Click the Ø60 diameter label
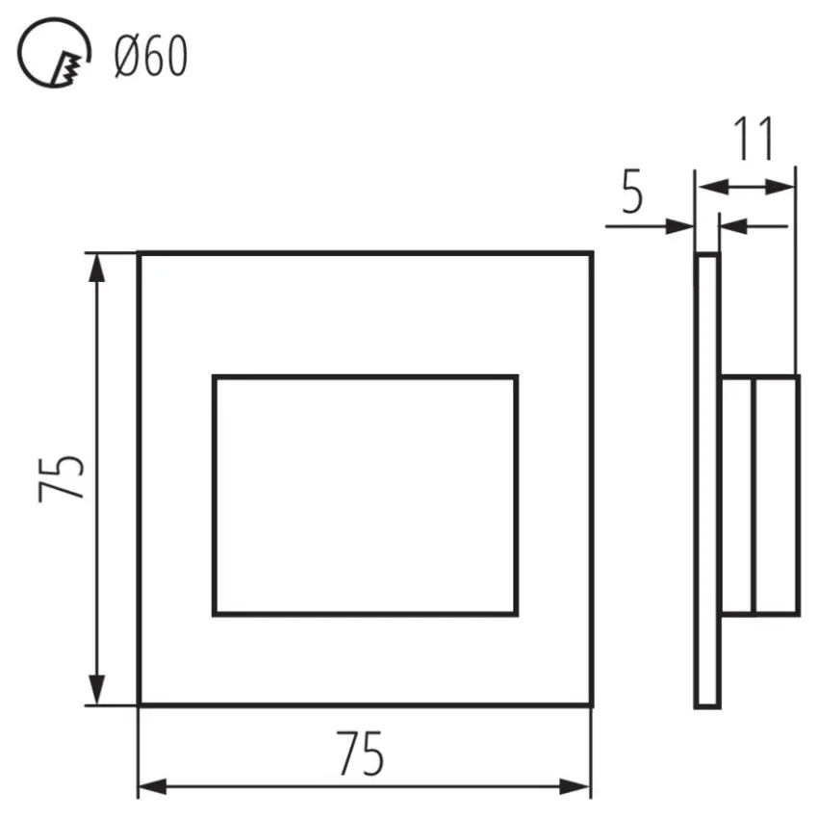pos(151,57)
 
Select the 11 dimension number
pos(754,139)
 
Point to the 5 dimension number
pos(632,192)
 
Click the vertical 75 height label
pos(62,478)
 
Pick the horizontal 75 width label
pos(360,754)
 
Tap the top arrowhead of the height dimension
pos(96,268)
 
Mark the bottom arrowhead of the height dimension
pos(96,690)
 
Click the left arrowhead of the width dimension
pos(153,786)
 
